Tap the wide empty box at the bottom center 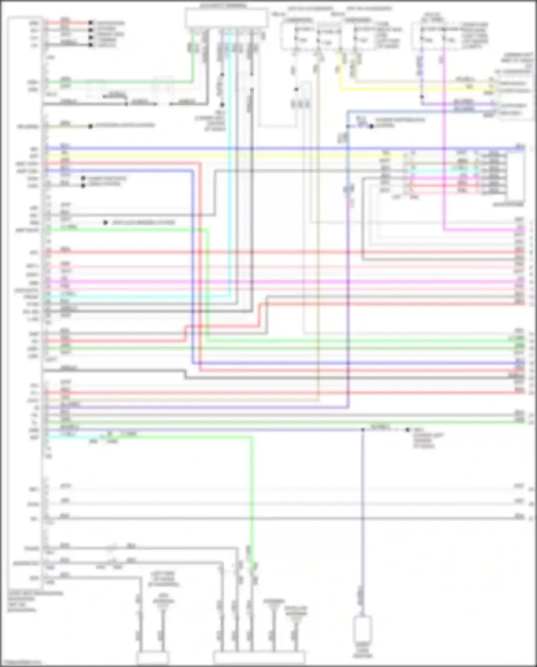coord(259,658)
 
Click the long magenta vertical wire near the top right coord(444,143)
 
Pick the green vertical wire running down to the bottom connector coord(252,502)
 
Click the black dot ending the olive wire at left coord(90,126)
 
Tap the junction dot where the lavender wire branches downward coord(362,429)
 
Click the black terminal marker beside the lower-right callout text coord(407,430)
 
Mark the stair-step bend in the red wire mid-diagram coord(259,315)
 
